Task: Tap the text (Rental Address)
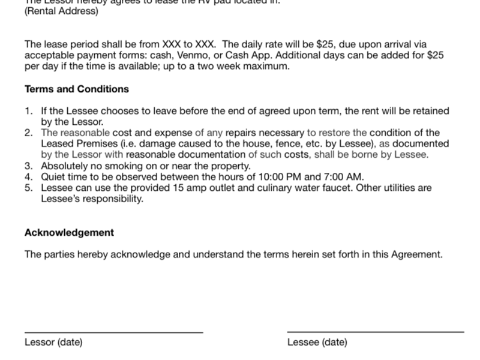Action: (x=61, y=11)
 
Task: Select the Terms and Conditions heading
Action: (x=77, y=89)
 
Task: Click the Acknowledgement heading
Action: (x=69, y=232)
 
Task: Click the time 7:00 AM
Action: (x=346, y=177)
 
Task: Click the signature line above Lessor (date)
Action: (x=113, y=332)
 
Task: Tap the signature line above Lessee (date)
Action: (x=376, y=331)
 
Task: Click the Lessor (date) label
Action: (x=53, y=343)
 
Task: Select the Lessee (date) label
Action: (x=317, y=343)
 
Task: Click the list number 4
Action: (x=28, y=177)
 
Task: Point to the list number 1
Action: (x=28, y=111)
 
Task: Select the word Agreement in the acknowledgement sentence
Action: (x=416, y=254)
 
